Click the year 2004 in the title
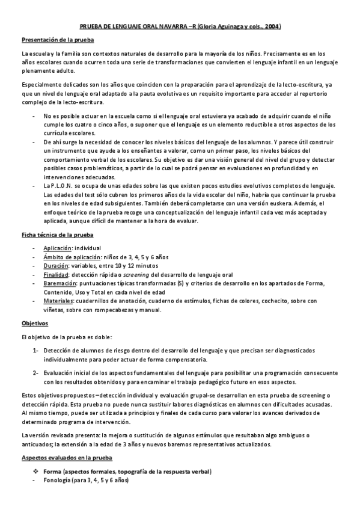[272, 27]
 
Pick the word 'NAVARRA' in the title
[171, 27]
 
